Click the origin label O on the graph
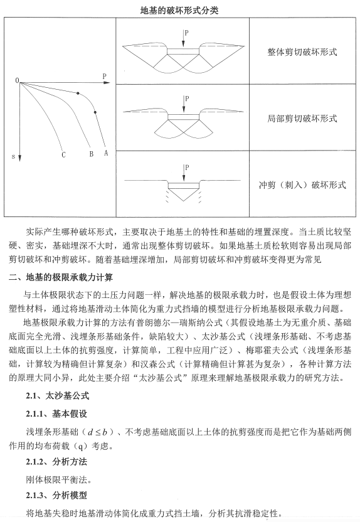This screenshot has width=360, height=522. point(17,81)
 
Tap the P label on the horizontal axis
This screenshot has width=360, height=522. point(104,76)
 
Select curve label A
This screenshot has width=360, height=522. point(107,152)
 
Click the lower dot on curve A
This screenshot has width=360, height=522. point(95,113)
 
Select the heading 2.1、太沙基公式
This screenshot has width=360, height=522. point(57,397)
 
